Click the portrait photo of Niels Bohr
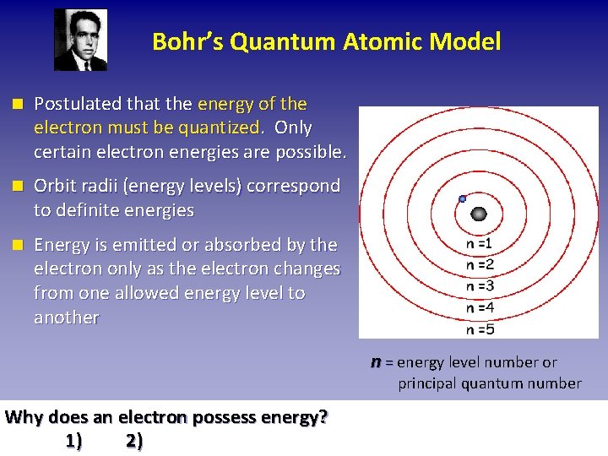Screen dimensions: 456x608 (81, 40)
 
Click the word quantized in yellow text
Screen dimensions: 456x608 (220, 128)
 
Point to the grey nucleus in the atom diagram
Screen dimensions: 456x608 (480, 214)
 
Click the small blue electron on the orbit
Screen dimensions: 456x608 (462, 199)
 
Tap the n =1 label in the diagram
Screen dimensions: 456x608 (479, 243)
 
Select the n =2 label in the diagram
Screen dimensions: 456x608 (479, 264)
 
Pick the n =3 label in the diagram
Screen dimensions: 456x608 (479, 285)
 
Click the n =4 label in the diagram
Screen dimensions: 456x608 (479, 307)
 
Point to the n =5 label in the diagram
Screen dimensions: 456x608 (479, 329)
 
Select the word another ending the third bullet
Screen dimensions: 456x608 (66, 318)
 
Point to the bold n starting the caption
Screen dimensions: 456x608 (376, 361)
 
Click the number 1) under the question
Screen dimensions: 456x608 (73, 441)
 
